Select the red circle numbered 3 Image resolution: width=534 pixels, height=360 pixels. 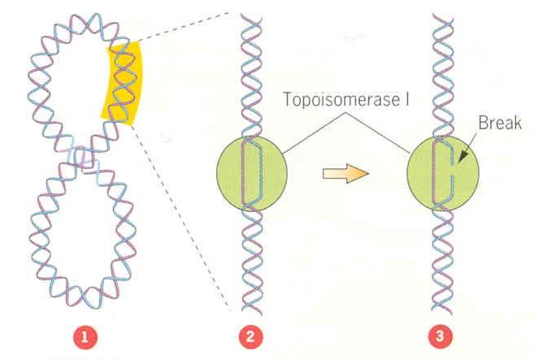click(x=443, y=335)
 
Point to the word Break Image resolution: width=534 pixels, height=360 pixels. click(x=500, y=126)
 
